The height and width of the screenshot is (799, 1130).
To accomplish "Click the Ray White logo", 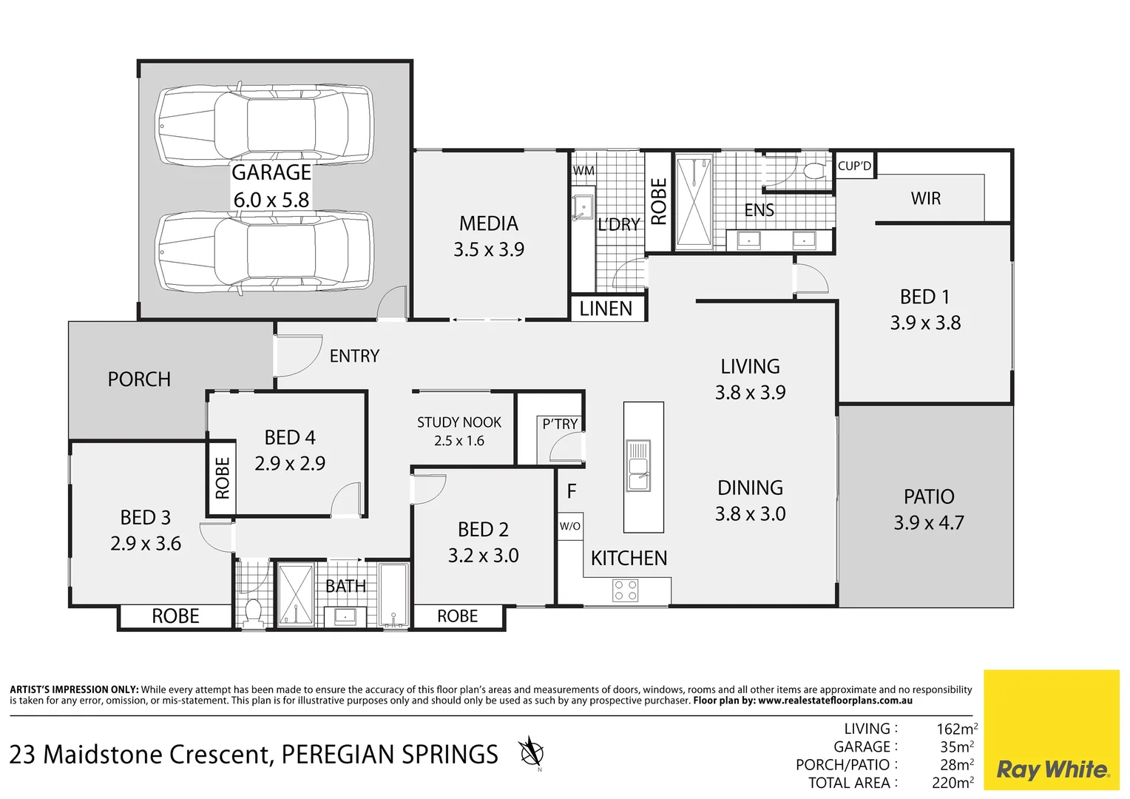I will [1052, 769].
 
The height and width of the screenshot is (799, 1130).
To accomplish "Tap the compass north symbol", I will [531, 753].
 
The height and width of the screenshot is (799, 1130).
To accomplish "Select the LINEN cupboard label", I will [606, 309].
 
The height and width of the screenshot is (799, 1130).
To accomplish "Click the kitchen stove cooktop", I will [626, 590].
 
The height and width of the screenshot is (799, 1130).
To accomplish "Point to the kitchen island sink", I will [637, 466].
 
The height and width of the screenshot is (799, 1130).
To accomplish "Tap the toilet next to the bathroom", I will [253, 611].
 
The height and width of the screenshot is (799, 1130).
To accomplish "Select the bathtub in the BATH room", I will [393, 595].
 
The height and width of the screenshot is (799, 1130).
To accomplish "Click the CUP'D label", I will [854, 166].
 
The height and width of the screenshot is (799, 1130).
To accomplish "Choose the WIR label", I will [925, 198].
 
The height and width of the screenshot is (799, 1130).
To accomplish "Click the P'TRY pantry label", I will [560, 424].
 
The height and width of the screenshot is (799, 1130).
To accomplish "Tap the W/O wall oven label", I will [569, 526].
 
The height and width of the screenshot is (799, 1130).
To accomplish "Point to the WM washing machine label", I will [583, 170].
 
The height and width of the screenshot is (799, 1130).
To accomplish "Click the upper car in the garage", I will [263, 124].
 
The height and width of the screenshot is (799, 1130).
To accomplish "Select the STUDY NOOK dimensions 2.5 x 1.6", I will [459, 441].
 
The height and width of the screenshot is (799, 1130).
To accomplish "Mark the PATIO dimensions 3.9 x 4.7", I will [929, 522].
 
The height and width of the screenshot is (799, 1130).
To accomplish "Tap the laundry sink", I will [583, 206].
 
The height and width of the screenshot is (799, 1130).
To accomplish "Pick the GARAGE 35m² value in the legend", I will [956, 747].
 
